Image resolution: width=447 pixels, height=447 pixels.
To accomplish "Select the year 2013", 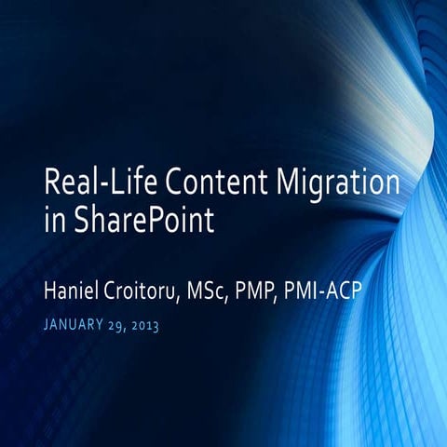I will pos(159,326).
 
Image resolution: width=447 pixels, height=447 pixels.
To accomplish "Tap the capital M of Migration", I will pos(293,182).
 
